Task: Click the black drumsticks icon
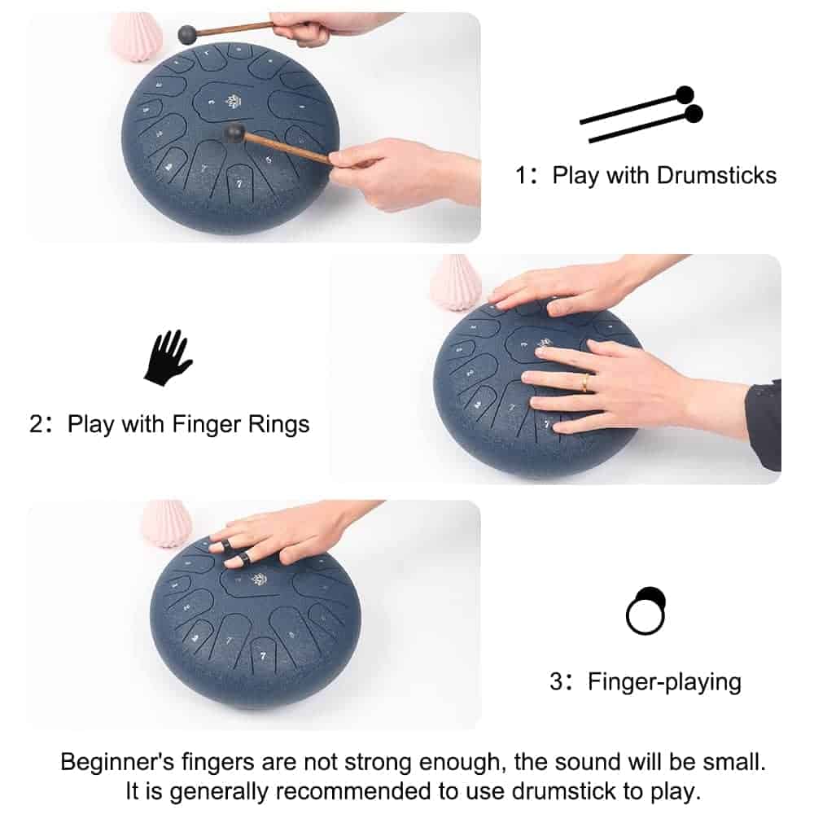pyautogui.click(x=641, y=114)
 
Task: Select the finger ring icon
pyautogui.click(x=646, y=610)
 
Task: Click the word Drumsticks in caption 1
pyautogui.click(x=716, y=176)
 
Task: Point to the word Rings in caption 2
pyautogui.click(x=278, y=425)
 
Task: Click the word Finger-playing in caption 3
pyautogui.click(x=664, y=682)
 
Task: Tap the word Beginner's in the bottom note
pyautogui.click(x=116, y=762)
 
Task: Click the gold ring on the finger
pyautogui.click(x=585, y=383)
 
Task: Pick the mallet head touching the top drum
pyautogui.click(x=234, y=133)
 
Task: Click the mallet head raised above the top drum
pyautogui.click(x=187, y=35)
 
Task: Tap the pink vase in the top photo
pyautogui.click(x=137, y=37)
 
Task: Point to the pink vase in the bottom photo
pyautogui.click(x=166, y=523)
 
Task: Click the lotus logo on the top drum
pyautogui.click(x=232, y=101)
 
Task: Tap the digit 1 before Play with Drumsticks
pyautogui.click(x=521, y=176)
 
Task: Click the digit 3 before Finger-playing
pyautogui.click(x=556, y=681)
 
